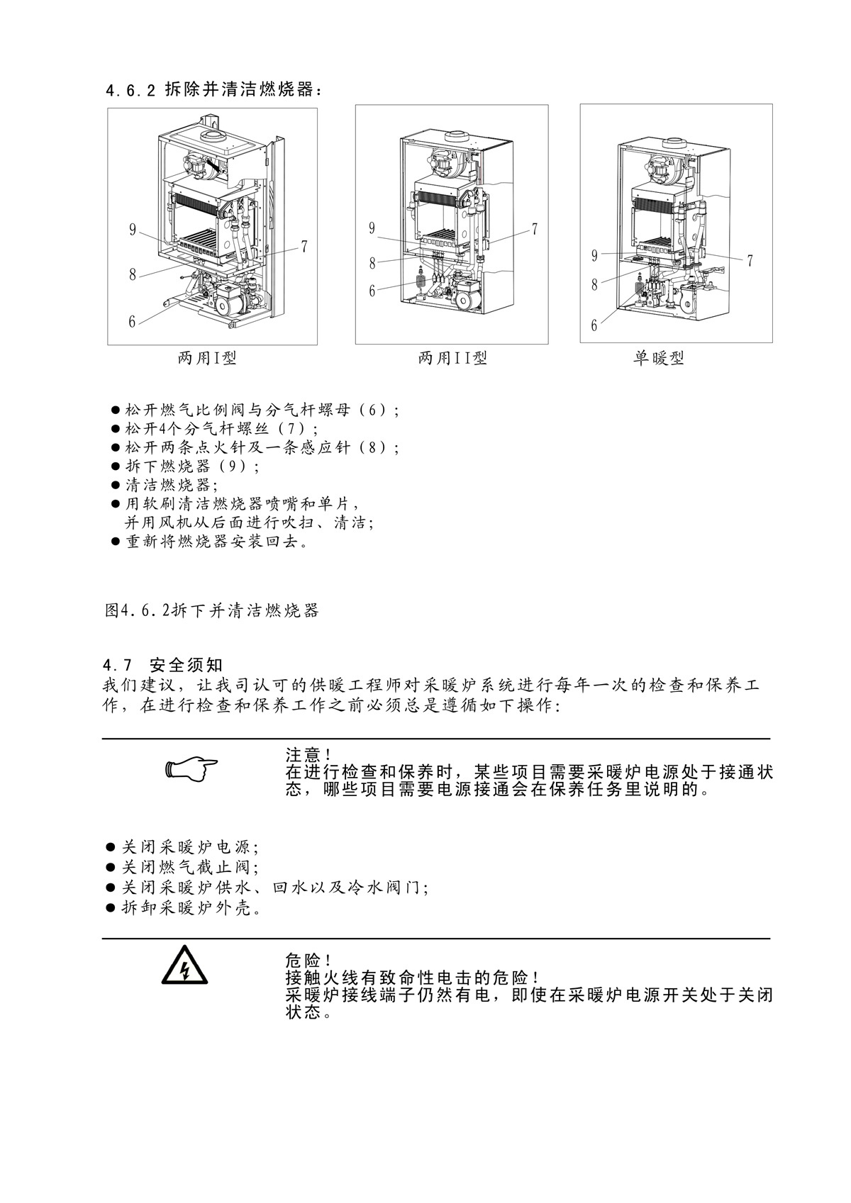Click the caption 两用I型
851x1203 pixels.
tap(207, 359)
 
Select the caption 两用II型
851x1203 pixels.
tap(452, 359)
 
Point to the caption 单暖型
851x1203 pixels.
tap(658, 359)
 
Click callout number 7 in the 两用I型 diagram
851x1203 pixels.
tap(304, 247)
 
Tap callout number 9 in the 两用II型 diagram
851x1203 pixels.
tap(372, 228)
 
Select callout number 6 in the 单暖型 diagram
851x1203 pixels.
tap(594, 325)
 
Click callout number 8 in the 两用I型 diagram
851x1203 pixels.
tap(133, 275)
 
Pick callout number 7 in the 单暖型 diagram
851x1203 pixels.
tap(750, 261)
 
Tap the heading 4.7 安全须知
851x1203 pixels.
tap(163, 666)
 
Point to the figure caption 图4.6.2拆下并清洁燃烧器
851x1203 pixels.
tap(211, 610)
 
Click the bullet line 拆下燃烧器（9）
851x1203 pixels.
tap(191, 466)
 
